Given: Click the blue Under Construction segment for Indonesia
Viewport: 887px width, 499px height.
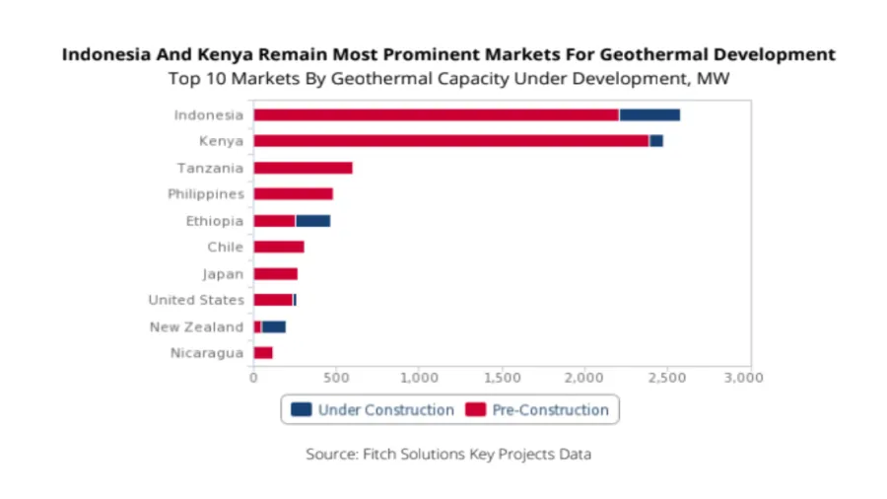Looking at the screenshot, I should [x=648, y=114].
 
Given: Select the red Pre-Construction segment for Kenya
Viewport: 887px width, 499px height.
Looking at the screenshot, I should [x=450, y=141].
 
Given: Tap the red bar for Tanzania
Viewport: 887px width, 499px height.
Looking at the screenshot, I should [x=303, y=168].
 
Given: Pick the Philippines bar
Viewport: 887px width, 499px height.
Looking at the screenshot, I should [x=293, y=194].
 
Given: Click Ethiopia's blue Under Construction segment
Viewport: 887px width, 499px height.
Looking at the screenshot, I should [x=312, y=221].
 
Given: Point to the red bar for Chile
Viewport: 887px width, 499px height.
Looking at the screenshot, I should [x=278, y=247].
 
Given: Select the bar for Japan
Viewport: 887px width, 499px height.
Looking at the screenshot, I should [x=275, y=273].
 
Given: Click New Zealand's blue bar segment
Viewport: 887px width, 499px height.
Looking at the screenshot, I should [x=273, y=326].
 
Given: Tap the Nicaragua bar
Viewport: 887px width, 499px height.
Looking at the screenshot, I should [x=262, y=353].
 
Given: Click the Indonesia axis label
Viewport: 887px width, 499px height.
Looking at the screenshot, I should [x=208, y=114].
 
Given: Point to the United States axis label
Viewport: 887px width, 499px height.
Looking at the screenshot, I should [x=195, y=300].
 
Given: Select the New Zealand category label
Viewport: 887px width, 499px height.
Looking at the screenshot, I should [x=196, y=326].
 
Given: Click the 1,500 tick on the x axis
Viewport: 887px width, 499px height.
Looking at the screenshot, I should [x=503, y=377].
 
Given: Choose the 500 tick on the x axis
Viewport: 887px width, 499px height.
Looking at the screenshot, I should [x=336, y=377].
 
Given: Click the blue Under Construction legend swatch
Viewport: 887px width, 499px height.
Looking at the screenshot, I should [x=301, y=409].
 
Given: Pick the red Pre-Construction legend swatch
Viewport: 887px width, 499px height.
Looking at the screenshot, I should [x=476, y=409].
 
